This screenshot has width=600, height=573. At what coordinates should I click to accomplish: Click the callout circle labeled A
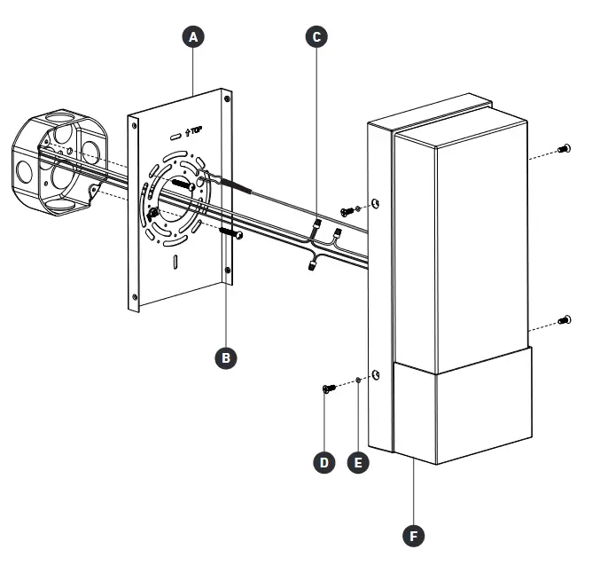pyautogui.click(x=193, y=36)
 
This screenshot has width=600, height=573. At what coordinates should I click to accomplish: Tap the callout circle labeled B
pyautogui.click(x=226, y=357)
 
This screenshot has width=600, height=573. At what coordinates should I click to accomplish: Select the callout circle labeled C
pyautogui.click(x=316, y=36)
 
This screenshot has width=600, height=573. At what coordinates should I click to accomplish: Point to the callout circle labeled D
pyautogui.click(x=326, y=462)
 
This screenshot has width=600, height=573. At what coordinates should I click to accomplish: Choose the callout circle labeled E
pyautogui.click(x=357, y=462)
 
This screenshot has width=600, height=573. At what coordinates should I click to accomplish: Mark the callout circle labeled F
pyautogui.click(x=413, y=536)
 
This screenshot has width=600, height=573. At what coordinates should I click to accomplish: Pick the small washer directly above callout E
pyautogui.click(x=357, y=381)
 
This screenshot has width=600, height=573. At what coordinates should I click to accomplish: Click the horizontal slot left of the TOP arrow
pyautogui.click(x=175, y=135)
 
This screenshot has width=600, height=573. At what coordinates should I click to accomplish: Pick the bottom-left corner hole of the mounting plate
pyautogui.click(x=135, y=295)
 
